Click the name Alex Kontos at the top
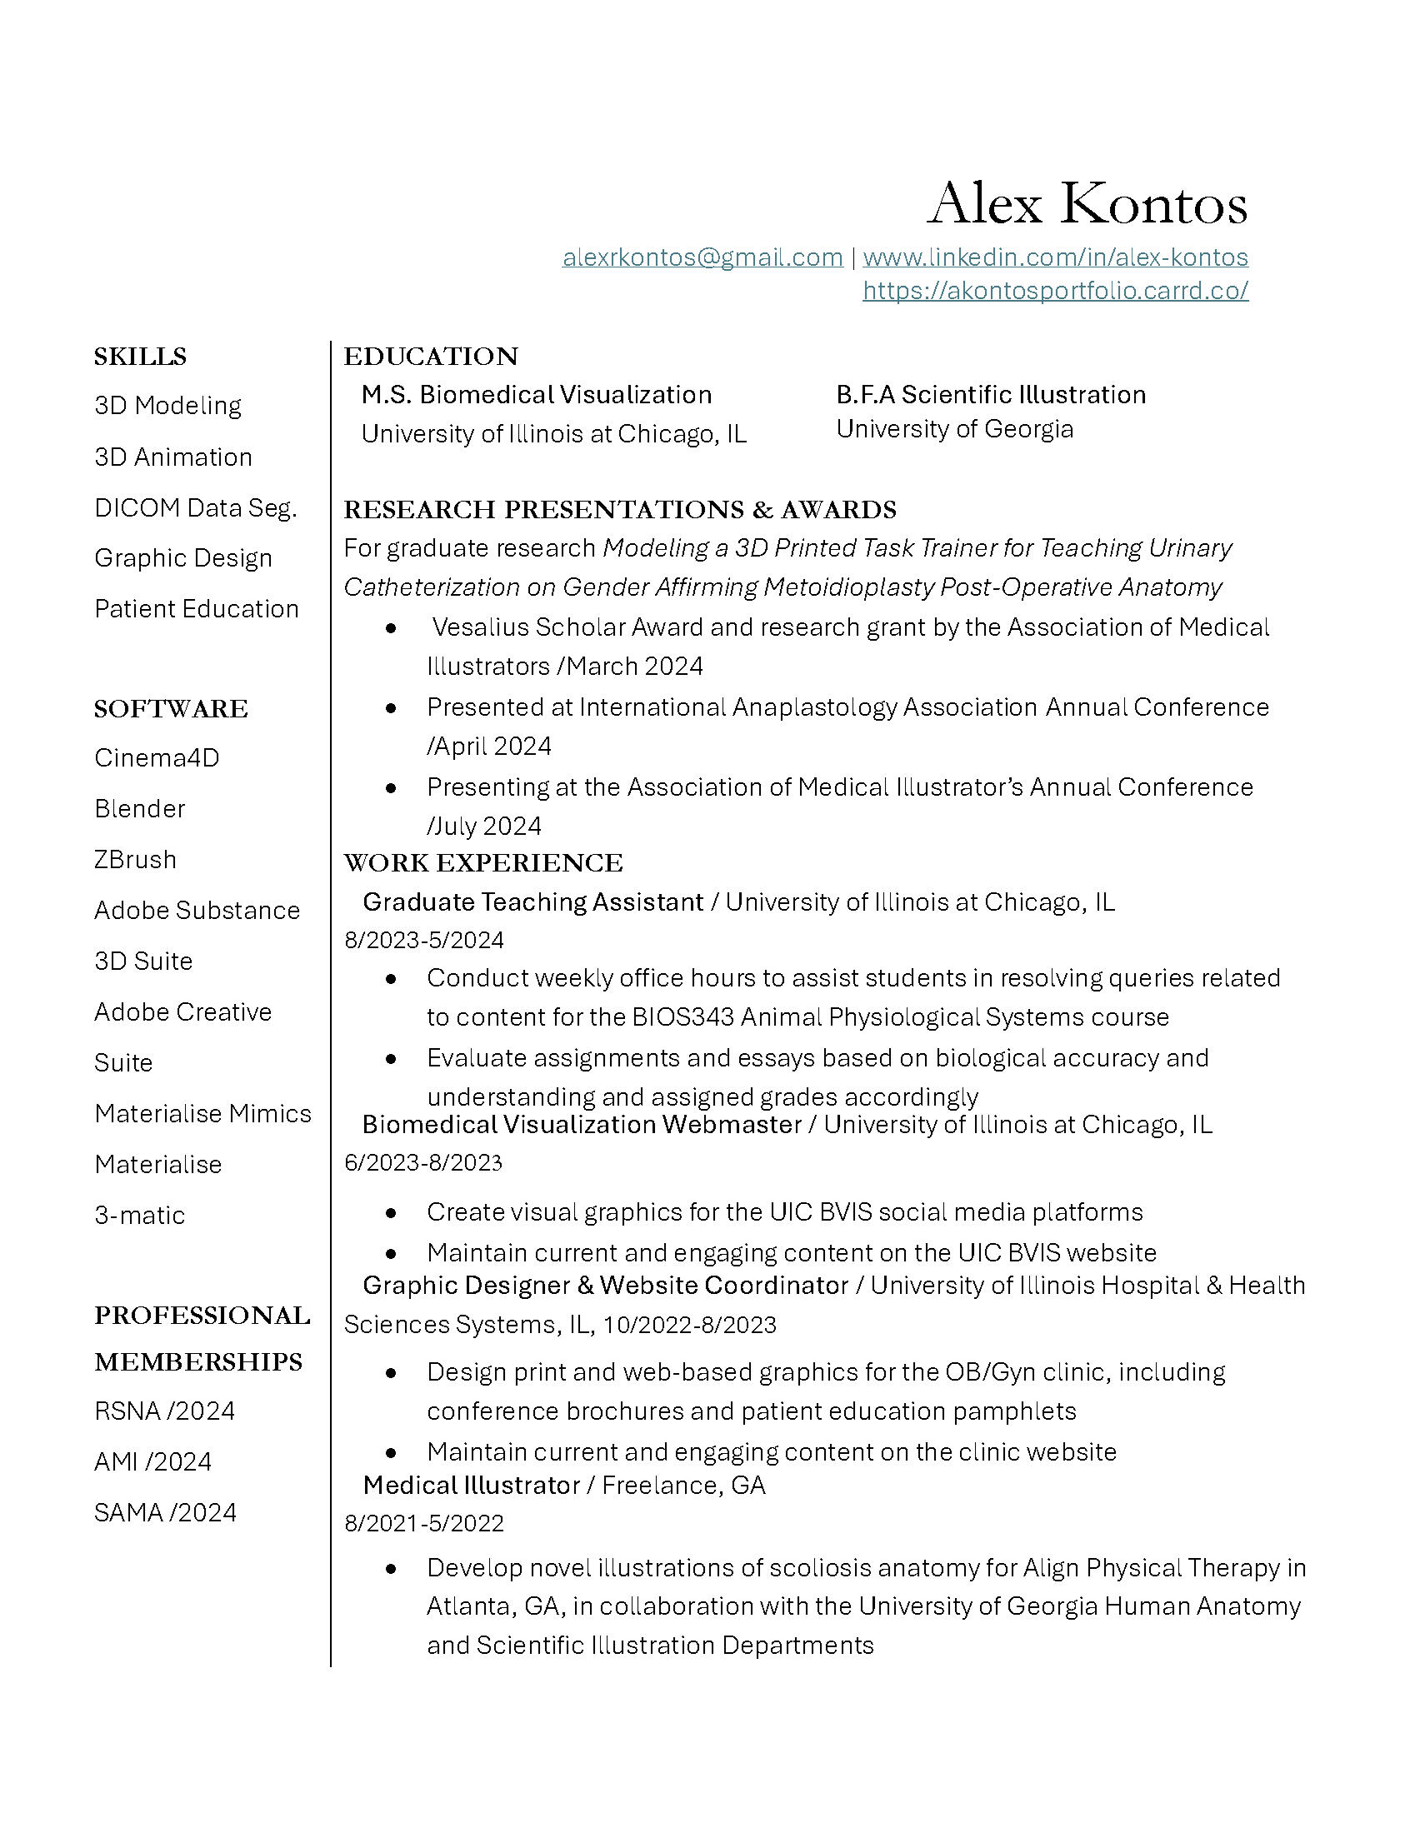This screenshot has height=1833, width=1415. point(1087,203)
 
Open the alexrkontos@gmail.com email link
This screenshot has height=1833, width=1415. point(702,257)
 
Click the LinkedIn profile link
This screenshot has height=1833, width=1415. point(1055,257)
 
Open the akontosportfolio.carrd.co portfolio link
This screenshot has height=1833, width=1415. point(1055,291)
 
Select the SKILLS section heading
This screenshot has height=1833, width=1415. point(140,357)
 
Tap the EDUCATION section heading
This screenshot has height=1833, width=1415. point(431,357)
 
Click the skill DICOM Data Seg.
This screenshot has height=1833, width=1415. point(196,507)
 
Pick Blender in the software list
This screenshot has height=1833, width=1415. point(139,808)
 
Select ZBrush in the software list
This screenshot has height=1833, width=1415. point(135,860)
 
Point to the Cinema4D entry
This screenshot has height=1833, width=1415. point(156,758)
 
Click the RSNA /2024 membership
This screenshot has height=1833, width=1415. point(164,1411)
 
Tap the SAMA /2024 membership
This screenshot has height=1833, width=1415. point(165,1512)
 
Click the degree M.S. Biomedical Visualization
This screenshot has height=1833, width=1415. point(537,394)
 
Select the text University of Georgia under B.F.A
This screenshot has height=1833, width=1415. point(954,429)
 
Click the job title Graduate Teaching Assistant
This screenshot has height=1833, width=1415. point(533,902)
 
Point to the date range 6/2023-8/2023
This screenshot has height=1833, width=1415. point(423,1162)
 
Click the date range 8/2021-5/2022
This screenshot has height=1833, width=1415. point(424,1523)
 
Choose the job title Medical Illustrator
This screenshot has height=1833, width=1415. point(471,1485)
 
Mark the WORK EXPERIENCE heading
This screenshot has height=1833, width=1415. point(482,863)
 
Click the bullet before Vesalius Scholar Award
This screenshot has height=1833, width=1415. point(391,627)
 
